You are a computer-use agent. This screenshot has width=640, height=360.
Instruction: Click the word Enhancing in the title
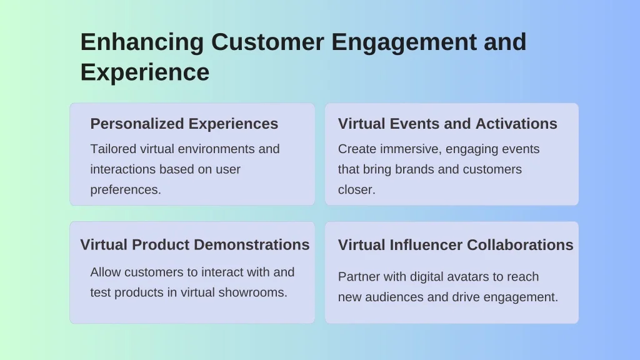[x=142, y=42]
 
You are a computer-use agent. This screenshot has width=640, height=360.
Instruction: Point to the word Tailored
[x=113, y=149]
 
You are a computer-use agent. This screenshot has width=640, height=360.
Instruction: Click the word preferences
[x=126, y=190]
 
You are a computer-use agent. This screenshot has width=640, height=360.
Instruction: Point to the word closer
[x=357, y=190]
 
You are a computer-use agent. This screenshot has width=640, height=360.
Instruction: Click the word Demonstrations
[x=251, y=244]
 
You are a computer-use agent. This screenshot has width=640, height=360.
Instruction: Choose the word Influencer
[x=426, y=245]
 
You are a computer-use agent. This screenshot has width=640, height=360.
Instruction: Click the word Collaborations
[x=520, y=245]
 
